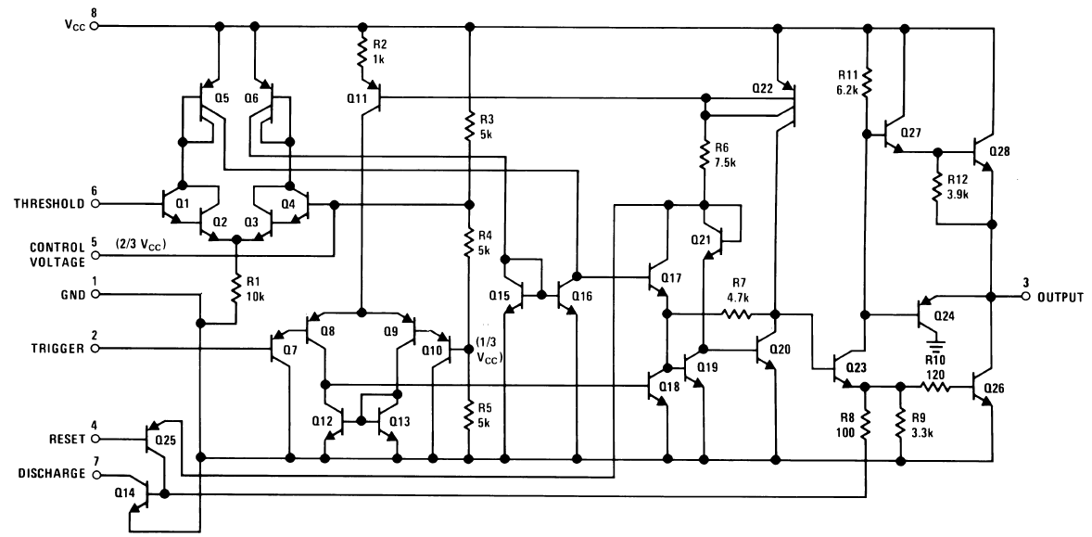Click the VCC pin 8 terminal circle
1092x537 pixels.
click(x=93, y=26)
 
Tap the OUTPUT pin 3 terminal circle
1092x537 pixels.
click(x=1025, y=297)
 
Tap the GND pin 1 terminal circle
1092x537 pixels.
click(x=93, y=295)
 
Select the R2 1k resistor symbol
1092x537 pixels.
click(x=361, y=58)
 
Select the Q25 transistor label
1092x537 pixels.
click(x=166, y=440)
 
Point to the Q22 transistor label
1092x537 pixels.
click(x=763, y=88)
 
